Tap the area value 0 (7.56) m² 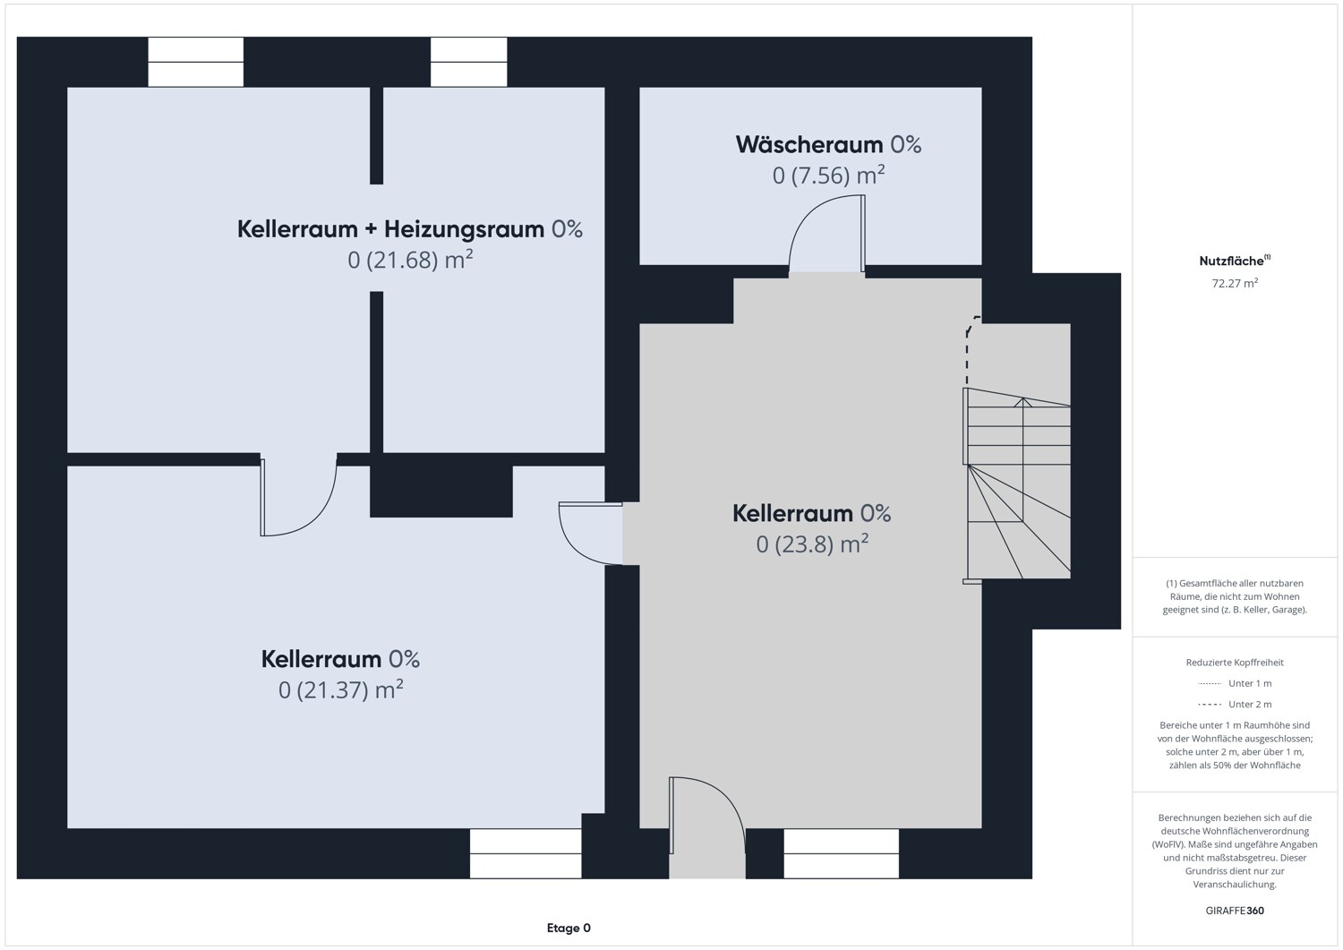click(828, 175)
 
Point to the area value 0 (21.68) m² click(410, 260)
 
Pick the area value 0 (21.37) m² click(340, 689)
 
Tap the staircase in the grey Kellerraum click(1017, 484)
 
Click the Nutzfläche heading click(1235, 261)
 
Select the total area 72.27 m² click(1235, 283)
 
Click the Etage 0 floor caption click(569, 928)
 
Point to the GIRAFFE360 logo click(1235, 911)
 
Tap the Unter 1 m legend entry click(1235, 683)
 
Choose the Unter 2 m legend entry click(1235, 704)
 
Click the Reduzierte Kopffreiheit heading click(1235, 663)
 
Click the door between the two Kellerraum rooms click(591, 533)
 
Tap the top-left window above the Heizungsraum click(195, 62)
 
